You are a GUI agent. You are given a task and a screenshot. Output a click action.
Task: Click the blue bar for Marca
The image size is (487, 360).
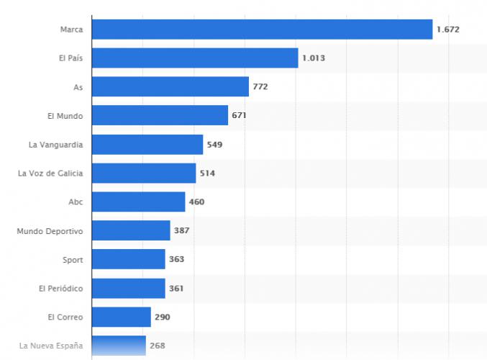[262, 30]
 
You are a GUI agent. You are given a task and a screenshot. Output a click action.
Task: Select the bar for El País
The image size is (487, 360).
[195, 58]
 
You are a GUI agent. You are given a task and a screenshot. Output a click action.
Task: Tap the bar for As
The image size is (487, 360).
[170, 87]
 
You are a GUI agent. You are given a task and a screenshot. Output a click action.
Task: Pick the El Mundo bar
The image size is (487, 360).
[160, 116]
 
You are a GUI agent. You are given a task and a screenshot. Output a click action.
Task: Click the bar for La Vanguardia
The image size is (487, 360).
[147, 145]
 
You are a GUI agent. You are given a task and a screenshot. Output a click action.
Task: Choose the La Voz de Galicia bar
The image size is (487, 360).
[144, 174]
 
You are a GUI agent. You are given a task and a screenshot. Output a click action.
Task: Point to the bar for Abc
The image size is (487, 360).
[138, 202]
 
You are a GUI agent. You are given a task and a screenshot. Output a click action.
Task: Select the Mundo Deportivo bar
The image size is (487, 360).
[131, 231]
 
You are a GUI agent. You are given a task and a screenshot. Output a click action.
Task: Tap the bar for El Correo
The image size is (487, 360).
[122, 318]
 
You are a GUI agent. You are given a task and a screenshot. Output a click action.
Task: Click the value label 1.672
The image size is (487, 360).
[447, 30]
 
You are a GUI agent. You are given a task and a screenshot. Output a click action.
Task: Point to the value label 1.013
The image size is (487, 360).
[314, 58]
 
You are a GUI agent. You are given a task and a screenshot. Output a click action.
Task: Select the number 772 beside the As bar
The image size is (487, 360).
[260, 87]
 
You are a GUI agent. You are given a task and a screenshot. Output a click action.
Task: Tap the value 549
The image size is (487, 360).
[214, 145]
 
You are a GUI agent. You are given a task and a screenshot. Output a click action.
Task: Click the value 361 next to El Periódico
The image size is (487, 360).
[176, 289]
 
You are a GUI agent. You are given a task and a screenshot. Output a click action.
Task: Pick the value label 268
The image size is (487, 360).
[158, 346]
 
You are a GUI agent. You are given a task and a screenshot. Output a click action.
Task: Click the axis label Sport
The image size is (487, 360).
[73, 260]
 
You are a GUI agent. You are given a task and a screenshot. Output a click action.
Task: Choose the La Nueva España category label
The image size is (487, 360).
[51, 346]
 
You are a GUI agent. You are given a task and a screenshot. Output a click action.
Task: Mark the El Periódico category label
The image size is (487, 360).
[61, 289]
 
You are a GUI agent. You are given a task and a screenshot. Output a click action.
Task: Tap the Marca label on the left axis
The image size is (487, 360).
[72, 30]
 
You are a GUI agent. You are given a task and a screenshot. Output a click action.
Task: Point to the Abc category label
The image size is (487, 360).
[76, 202]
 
